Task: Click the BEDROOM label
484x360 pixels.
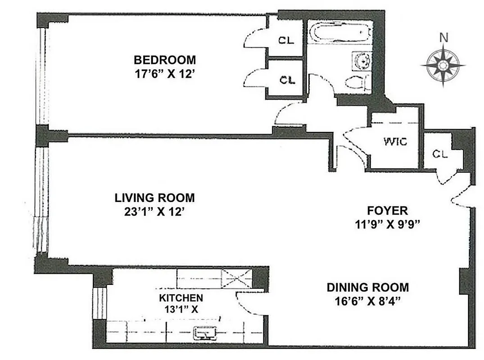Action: click(165, 60)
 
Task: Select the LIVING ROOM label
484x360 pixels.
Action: click(154, 198)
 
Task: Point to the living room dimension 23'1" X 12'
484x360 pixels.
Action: click(154, 212)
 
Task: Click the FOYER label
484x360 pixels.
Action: click(387, 210)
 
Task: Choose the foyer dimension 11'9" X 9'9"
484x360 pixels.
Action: click(387, 225)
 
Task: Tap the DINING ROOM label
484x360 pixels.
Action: click(368, 287)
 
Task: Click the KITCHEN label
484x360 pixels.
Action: click(181, 297)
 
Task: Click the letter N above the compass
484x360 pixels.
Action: click(444, 38)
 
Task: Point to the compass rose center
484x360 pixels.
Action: click(443, 66)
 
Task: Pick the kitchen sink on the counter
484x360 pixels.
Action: click(206, 333)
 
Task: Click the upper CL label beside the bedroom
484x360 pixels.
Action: click(286, 40)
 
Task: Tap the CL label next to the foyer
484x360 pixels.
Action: click(440, 153)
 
